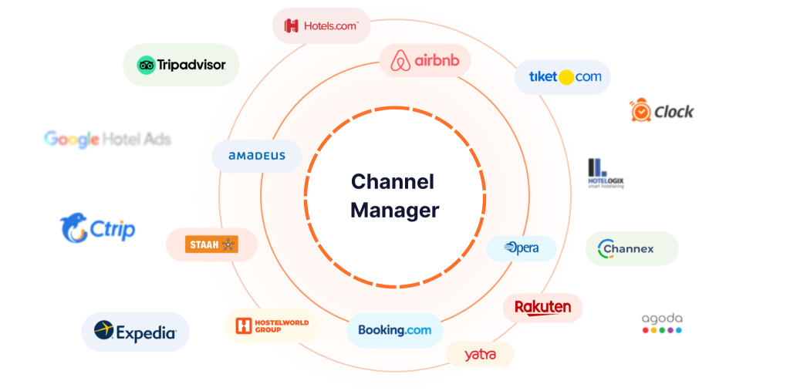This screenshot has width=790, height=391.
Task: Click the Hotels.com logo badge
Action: pyautogui.click(x=321, y=25)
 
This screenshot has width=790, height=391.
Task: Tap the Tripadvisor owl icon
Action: pyautogui.click(x=147, y=65)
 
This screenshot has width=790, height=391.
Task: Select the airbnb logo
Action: pyautogui.click(x=424, y=60)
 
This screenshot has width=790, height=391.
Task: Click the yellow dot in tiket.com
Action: pyautogui.click(x=565, y=77)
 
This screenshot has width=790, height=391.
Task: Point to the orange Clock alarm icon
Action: pyautogui.click(x=640, y=111)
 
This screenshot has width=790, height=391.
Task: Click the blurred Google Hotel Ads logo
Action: pyautogui.click(x=107, y=140)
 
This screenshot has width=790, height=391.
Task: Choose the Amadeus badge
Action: pyautogui.click(x=257, y=156)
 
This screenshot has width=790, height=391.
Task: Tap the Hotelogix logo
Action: pyautogui.click(x=605, y=173)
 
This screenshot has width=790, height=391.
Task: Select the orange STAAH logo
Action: pyautogui.click(x=211, y=244)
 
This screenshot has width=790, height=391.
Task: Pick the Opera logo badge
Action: pyautogui.click(x=522, y=248)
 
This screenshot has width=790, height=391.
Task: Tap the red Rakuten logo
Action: pyautogui.click(x=542, y=308)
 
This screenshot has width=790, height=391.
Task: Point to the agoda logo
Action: pyautogui.click(x=662, y=323)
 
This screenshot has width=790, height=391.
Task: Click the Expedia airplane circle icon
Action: pyautogui.click(x=104, y=331)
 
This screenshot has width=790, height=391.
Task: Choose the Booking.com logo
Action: pyautogui.click(x=395, y=330)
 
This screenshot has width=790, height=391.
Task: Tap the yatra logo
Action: pyautogui.click(x=480, y=355)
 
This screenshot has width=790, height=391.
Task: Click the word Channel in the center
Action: pyautogui.click(x=392, y=182)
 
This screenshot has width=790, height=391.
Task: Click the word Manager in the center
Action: pyautogui.click(x=394, y=210)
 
